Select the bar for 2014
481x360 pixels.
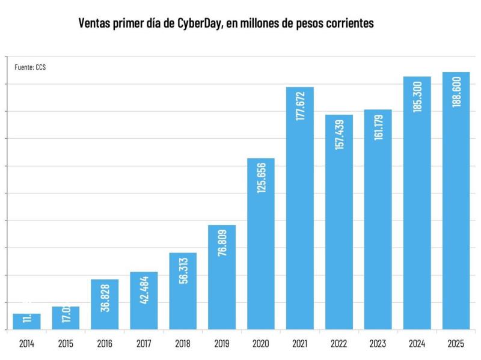pos(26,322)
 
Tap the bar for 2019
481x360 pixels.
pos(222,277)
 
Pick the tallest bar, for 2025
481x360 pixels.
pos(456,201)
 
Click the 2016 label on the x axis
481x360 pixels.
pos(105,344)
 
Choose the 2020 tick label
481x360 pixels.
pos(261,344)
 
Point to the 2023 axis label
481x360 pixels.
pos(378,344)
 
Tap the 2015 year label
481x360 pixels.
pos(66,344)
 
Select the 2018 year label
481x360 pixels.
pos(183,344)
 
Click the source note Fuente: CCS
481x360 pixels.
pos(30,67)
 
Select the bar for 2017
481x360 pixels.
pos(144,301)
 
